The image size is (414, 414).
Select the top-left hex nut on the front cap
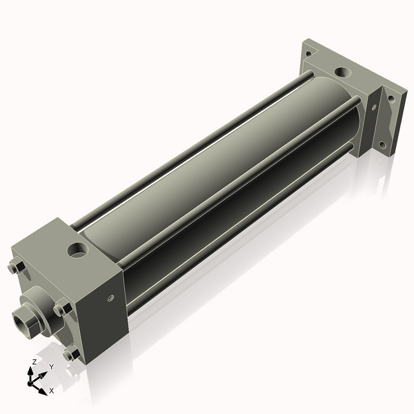coord(17,267)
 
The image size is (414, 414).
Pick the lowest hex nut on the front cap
coord(71,355)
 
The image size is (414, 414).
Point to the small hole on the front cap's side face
coord(110,299)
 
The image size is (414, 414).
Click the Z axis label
coord(34,362)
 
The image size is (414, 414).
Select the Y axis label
coord(51,366)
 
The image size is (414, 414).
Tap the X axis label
coord(52,391)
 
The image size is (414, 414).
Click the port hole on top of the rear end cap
coord(342,71)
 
